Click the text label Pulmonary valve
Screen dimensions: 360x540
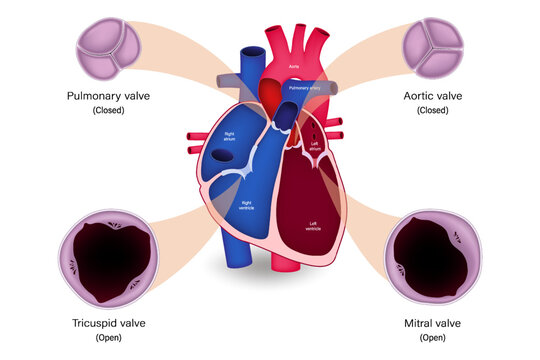[x=109, y=97]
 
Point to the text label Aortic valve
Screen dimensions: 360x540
[x=432, y=97]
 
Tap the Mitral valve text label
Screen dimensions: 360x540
[x=432, y=323]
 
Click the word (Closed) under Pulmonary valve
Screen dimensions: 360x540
[x=109, y=111]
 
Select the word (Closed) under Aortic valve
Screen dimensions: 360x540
[x=432, y=111]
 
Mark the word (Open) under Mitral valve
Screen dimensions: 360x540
[x=432, y=337]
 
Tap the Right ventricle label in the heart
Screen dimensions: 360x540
[x=245, y=205]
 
